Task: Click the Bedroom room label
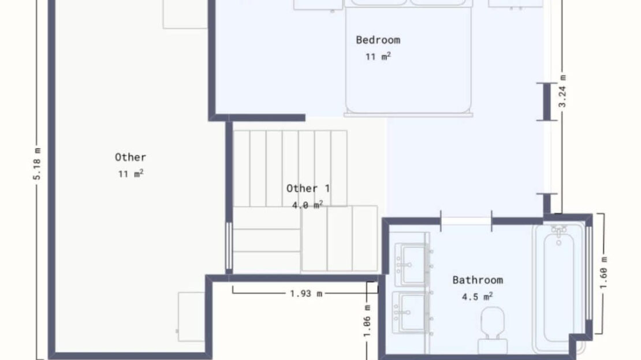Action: tap(378, 40)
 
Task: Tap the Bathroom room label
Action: tap(478, 280)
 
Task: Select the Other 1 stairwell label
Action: tap(308, 188)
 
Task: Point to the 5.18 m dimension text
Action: tap(37, 164)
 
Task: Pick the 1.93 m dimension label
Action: tap(306, 294)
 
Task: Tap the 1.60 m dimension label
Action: tap(604, 272)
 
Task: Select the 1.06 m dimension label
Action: tap(367, 321)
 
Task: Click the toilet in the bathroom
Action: tap(492, 330)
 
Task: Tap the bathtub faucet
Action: tap(558, 235)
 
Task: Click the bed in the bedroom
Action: tap(408, 58)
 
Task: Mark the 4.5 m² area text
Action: tap(477, 296)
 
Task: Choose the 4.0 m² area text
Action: tap(307, 205)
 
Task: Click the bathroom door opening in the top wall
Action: tap(466, 221)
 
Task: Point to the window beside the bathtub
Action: tap(588, 273)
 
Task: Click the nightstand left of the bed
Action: tap(318, 5)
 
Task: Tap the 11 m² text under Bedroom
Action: tap(378, 57)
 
